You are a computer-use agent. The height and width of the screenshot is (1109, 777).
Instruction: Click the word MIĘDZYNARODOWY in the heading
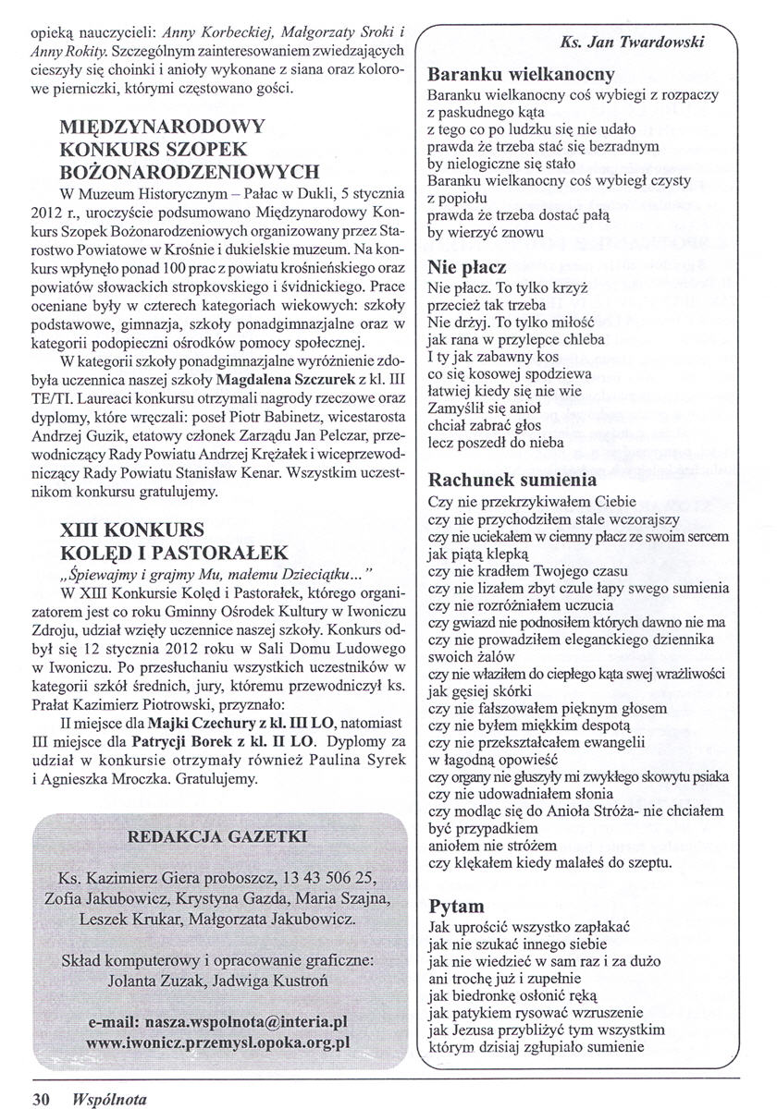(162, 127)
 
